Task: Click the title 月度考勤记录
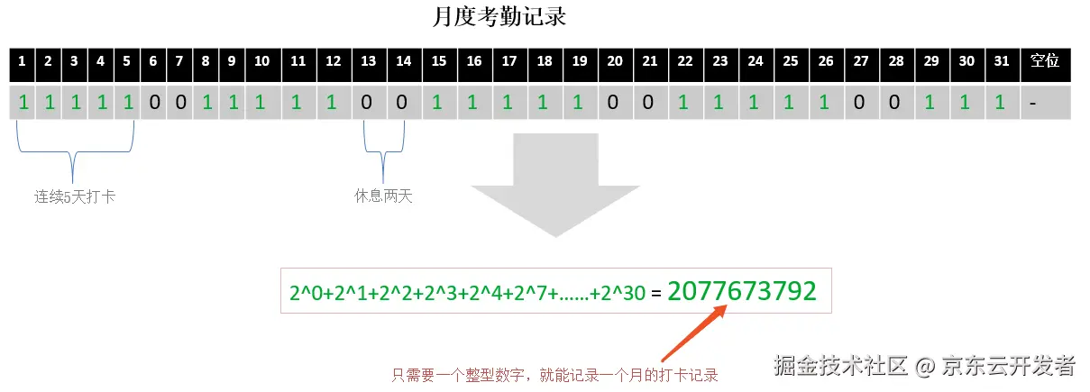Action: [499, 16]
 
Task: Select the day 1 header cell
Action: [22, 61]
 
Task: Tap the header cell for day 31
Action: [1001, 61]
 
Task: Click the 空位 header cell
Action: [1045, 61]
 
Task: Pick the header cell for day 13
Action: [368, 61]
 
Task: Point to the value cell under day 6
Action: [153, 102]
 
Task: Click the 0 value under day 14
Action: [404, 102]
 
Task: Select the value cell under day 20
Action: [614, 102]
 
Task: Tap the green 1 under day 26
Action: [825, 102]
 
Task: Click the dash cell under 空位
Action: [1045, 102]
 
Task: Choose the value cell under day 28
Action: [895, 102]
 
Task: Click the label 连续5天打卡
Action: [75, 196]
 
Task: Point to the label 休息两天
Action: [383, 196]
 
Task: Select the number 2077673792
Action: [742, 291]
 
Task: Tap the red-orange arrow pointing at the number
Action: [695, 333]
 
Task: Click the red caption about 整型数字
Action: [554, 375]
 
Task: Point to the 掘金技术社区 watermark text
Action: [840, 365]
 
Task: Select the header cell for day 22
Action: [685, 61]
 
